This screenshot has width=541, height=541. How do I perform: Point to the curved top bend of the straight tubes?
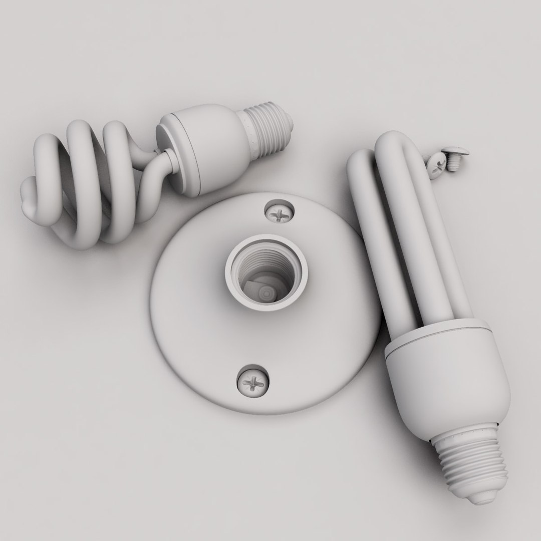tap(396, 143)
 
